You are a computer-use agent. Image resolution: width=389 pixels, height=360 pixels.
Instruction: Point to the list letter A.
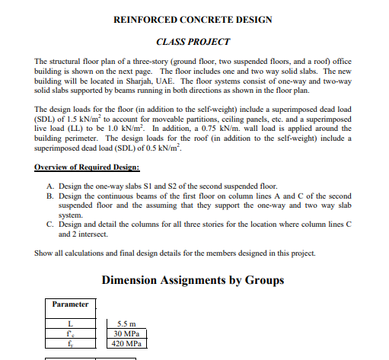pos(49,186)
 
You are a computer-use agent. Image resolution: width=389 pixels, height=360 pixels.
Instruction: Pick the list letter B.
pos(49,196)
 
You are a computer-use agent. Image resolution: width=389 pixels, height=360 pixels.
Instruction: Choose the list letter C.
pos(49,225)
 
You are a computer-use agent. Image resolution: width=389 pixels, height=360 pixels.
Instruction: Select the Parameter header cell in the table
pos(70,304)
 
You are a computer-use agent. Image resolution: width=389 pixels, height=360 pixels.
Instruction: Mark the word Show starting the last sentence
pos(43,253)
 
